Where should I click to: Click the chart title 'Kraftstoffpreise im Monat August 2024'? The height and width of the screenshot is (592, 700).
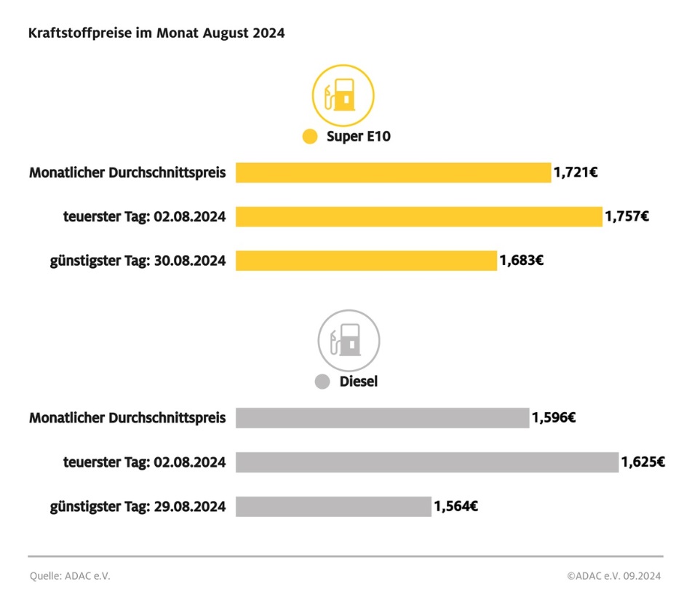click(156, 33)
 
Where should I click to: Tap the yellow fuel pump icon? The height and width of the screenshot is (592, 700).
click(343, 95)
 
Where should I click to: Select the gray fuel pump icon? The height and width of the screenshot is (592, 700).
click(349, 341)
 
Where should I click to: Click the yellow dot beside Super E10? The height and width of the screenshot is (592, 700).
click(310, 136)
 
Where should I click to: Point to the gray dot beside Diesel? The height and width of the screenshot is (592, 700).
click(322, 382)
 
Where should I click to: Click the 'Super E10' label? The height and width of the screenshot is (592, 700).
click(359, 136)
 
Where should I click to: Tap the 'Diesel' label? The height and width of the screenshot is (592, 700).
click(359, 382)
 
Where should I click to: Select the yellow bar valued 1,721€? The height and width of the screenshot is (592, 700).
click(393, 173)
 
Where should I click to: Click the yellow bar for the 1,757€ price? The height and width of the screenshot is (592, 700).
click(418, 216)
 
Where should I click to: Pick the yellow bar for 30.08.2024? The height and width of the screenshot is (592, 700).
click(366, 260)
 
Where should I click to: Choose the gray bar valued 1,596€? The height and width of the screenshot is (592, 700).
click(382, 418)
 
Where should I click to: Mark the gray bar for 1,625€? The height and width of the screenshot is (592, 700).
click(426, 462)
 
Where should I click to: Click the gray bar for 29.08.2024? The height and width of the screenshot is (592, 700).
click(333, 506)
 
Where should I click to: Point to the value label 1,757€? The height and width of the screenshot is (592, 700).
click(627, 216)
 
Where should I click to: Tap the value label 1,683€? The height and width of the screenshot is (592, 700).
click(521, 260)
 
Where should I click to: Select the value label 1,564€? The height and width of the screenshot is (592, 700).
click(456, 506)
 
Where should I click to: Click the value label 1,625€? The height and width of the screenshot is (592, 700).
click(643, 462)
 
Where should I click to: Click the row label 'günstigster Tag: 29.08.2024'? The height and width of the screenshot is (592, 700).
click(138, 506)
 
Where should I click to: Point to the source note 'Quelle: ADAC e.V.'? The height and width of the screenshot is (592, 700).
click(70, 576)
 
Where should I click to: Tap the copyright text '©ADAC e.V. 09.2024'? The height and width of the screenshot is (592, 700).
click(613, 576)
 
